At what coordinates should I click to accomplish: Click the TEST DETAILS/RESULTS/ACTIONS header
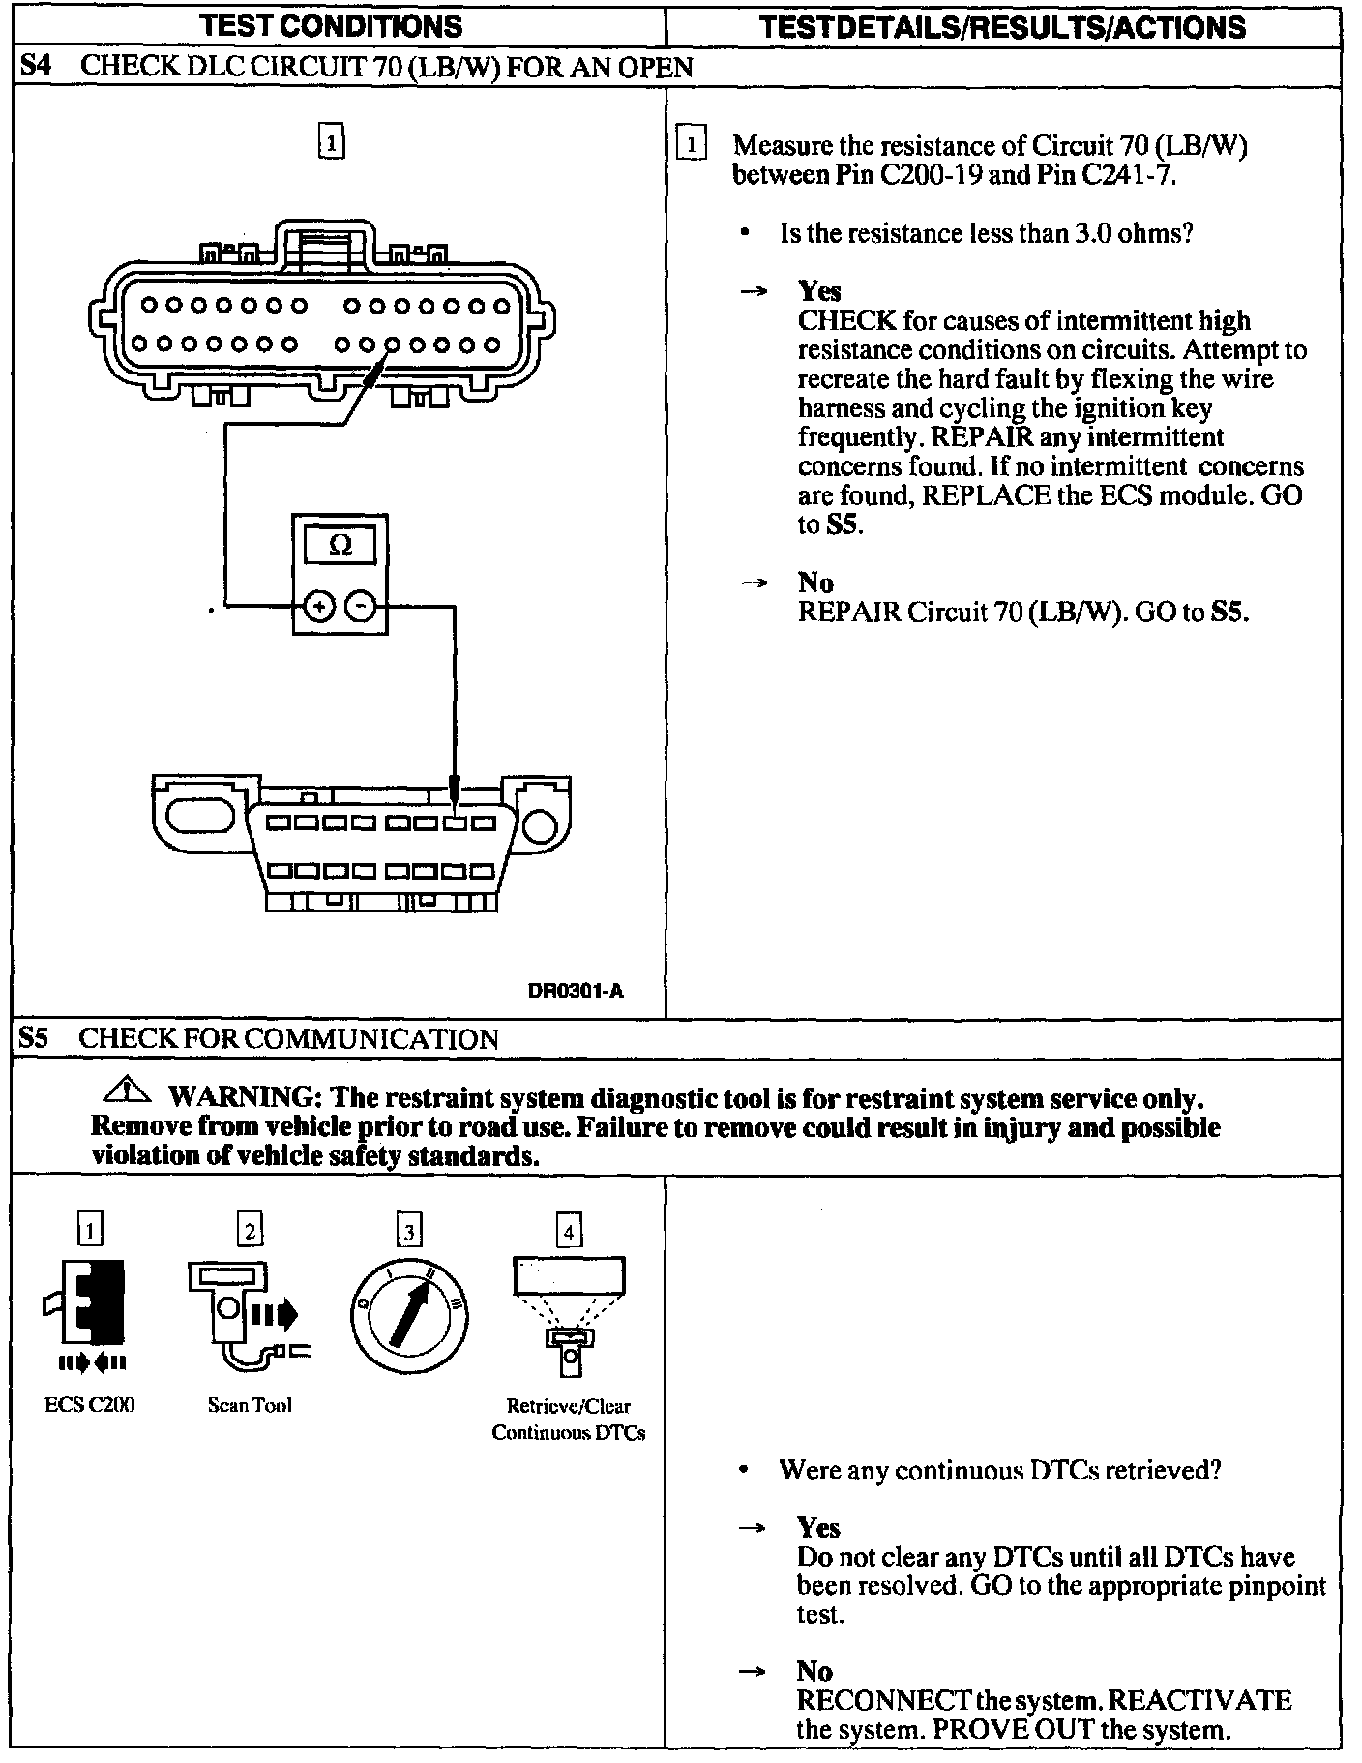click(1003, 26)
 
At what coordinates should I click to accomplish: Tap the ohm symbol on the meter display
click(340, 546)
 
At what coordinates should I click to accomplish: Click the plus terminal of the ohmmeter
click(319, 607)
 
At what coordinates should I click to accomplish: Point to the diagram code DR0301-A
click(576, 990)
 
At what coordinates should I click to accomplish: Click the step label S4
click(34, 67)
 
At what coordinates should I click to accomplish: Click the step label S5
click(34, 1039)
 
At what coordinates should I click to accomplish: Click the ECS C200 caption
click(90, 1405)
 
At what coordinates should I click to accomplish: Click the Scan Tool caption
click(250, 1405)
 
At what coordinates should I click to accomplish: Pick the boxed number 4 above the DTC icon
click(569, 1231)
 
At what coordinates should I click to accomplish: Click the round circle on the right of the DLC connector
click(541, 824)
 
